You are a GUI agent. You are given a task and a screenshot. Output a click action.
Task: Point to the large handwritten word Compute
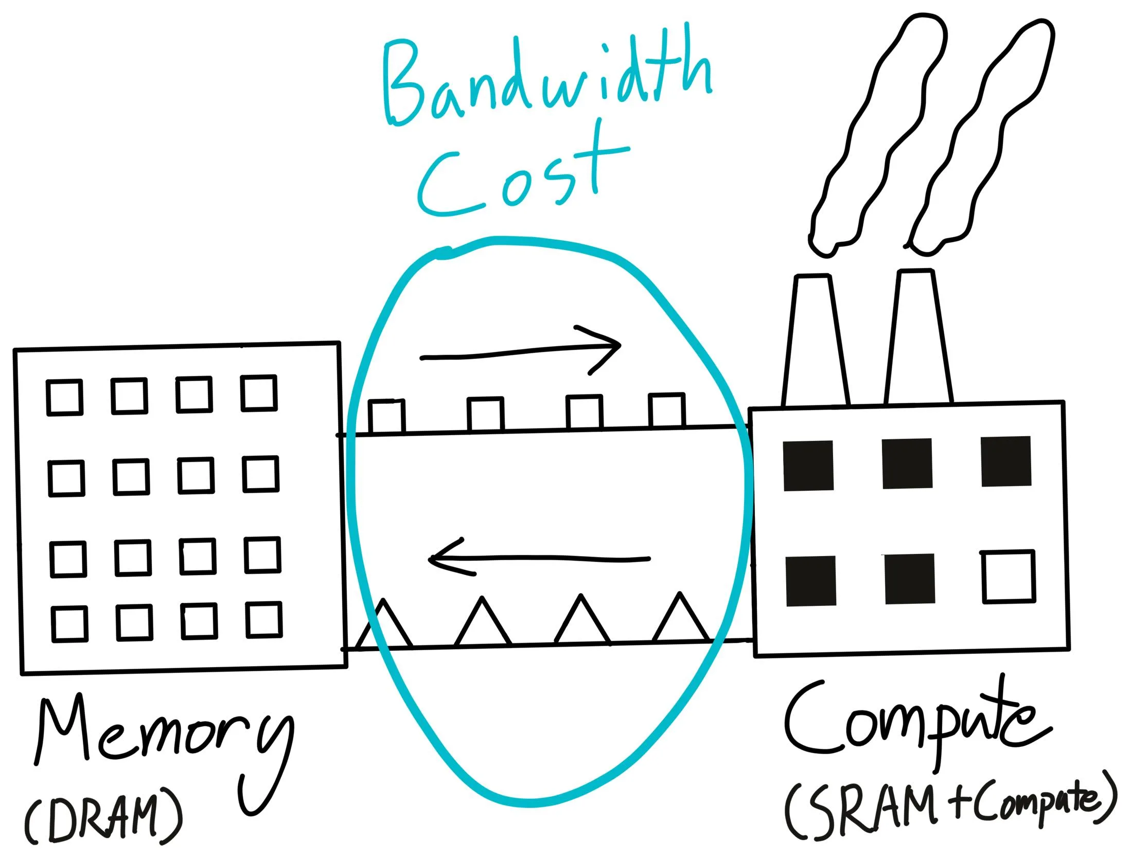(x=916, y=720)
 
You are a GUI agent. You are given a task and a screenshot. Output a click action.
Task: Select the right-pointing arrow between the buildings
(x=521, y=352)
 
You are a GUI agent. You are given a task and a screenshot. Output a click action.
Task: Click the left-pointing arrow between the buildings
(x=539, y=558)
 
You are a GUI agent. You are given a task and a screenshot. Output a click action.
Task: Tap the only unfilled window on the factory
(x=1009, y=576)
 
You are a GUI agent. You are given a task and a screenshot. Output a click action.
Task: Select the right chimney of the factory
(x=918, y=336)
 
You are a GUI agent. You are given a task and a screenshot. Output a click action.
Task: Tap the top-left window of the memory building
(x=64, y=397)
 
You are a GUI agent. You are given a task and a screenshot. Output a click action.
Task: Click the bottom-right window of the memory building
(x=264, y=620)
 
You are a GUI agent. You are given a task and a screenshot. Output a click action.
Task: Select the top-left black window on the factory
(x=808, y=466)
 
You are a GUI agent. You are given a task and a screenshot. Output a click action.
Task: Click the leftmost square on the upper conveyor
(x=386, y=416)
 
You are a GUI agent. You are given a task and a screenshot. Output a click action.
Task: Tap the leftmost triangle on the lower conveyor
(x=384, y=624)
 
